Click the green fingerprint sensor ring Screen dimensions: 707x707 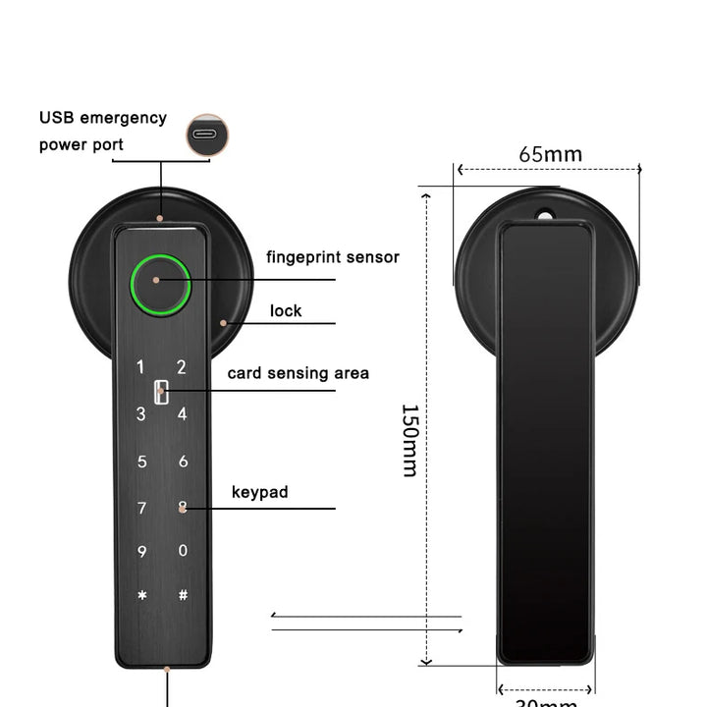pyautogui.click(x=160, y=284)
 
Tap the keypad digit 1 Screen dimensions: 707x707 pyautogui.click(x=140, y=368)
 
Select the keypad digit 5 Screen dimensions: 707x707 pyautogui.click(x=141, y=461)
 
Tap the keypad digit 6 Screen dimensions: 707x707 pyautogui.click(x=183, y=461)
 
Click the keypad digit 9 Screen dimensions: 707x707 pyautogui.click(x=141, y=552)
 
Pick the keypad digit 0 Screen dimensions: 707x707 pyautogui.click(x=183, y=551)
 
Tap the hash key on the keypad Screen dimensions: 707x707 pyautogui.click(x=183, y=595)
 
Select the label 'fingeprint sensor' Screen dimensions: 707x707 pyautogui.click(x=333, y=257)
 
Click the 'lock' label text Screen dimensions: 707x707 pyautogui.click(x=286, y=311)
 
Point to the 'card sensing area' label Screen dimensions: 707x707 pyautogui.click(x=299, y=373)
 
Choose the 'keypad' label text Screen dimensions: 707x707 pyautogui.click(x=260, y=492)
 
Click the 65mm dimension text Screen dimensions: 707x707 pyautogui.click(x=550, y=154)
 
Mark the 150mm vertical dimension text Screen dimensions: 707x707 pyautogui.click(x=410, y=440)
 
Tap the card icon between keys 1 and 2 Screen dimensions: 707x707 pyautogui.click(x=160, y=393)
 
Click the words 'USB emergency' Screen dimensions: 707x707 pyautogui.click(x=103, y=118)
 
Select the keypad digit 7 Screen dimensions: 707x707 pyautogui.click(x=141, y=508)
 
